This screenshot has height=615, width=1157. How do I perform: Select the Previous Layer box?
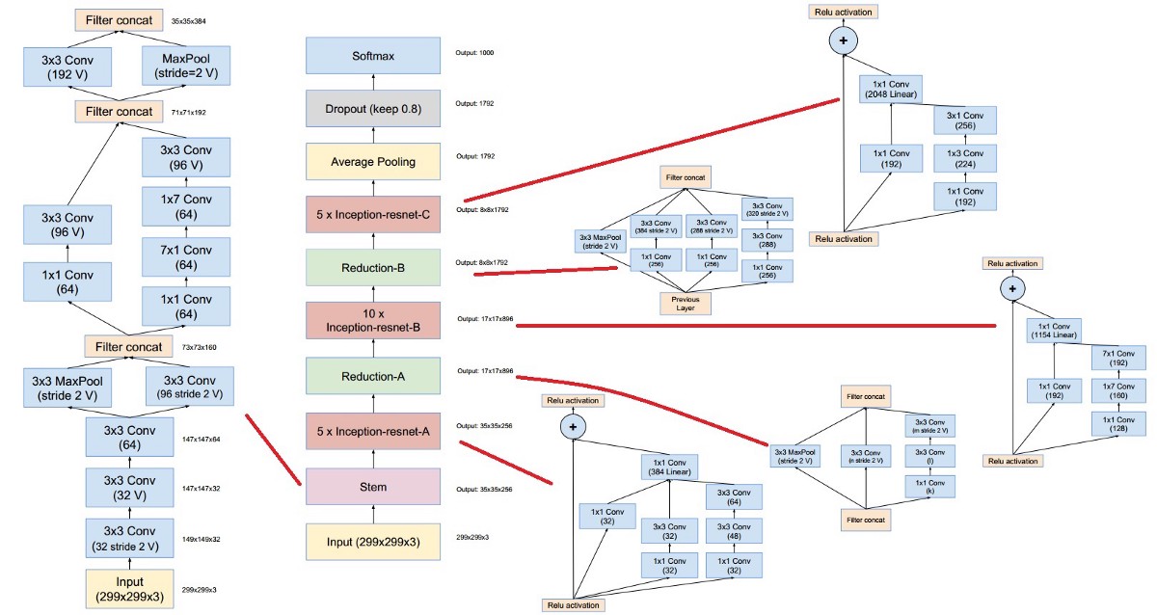tap(685, 304)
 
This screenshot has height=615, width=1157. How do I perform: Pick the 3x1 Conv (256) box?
tap(964, 120)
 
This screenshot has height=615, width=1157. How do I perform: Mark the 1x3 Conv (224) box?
tap(964, 158)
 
